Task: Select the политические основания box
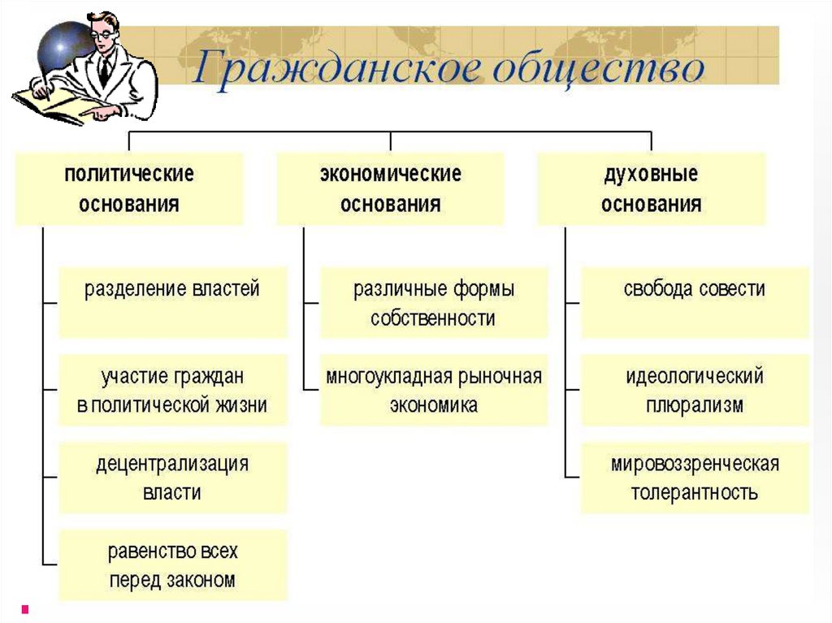[129, 188]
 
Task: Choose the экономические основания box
[390, 188]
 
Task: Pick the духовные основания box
[651, 188]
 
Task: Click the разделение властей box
[173, 301]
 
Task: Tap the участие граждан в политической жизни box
[173, 390]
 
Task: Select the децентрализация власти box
[173, 478]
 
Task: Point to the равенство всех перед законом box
[173, 565]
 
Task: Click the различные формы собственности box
[434, 302]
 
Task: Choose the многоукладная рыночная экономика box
[434, 390]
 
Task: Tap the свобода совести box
[695, 301]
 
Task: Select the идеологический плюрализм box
[695, 390]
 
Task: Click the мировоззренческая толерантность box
[695, 478]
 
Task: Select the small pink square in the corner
[25, 608]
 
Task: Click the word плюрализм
[695, 405]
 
